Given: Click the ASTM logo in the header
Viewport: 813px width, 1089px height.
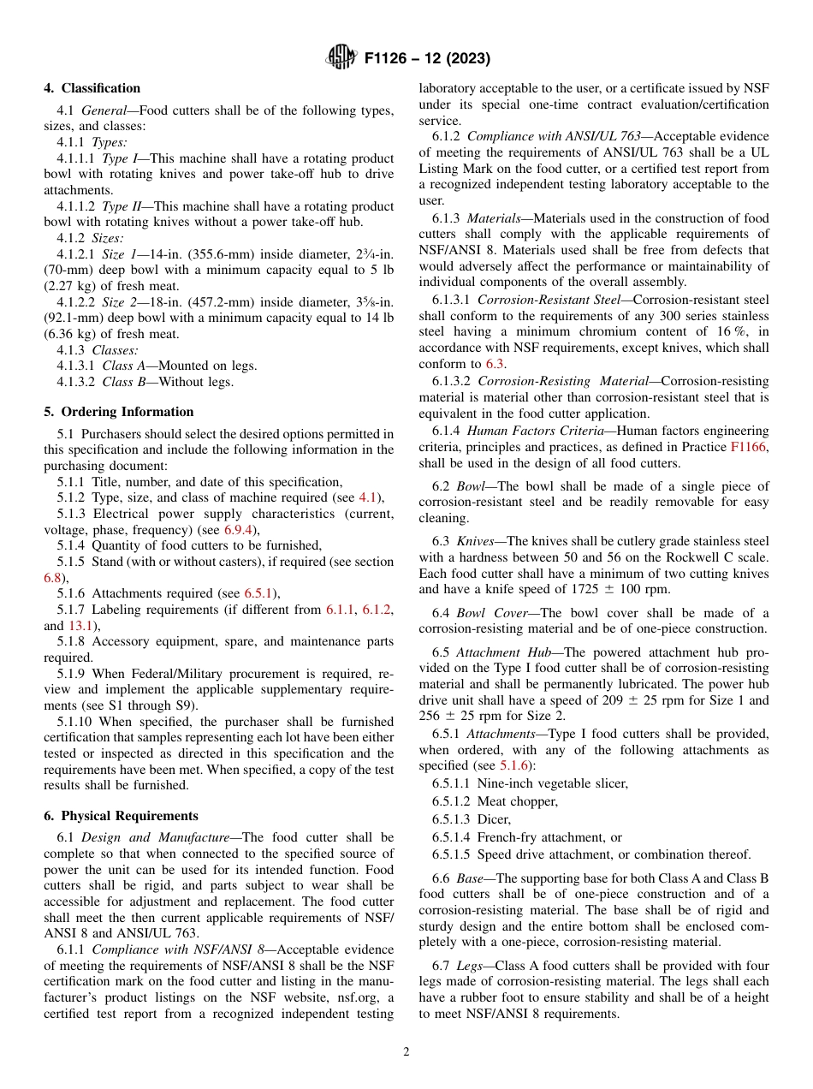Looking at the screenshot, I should click(x=341, y=58).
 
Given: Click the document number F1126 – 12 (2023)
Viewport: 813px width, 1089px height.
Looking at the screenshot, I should click(x=426, y=59).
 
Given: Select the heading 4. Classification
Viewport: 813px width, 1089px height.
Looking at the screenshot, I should click(x=92, y=88).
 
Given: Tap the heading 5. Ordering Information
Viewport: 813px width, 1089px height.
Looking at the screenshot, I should click(x=119, y=412).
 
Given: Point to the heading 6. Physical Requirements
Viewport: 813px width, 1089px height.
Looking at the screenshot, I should click(x=121, y=816).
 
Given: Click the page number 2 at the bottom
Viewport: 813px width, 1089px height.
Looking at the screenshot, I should click(x=406, y=1052).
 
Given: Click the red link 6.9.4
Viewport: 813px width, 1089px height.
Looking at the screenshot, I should click(x=240, y=530).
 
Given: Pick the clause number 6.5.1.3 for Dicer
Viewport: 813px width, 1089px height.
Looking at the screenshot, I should click(x=452, y=819).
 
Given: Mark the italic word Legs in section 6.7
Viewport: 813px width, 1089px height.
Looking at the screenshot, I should click(x=469, y=966).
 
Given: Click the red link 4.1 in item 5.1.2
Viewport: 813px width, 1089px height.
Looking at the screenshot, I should click(x=368, y=498).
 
